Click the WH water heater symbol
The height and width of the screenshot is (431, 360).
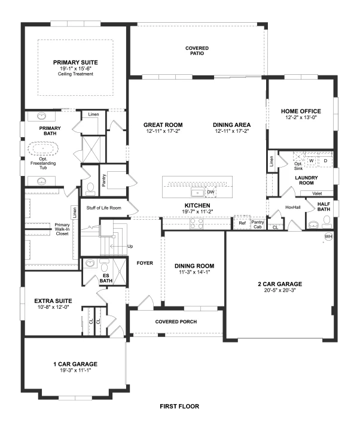[x=328, y=236]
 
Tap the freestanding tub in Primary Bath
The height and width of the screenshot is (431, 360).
[x=43, y=149]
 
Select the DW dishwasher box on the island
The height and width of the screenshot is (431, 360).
[x=210, y=192]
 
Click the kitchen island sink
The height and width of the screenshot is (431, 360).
[x=197, y=192]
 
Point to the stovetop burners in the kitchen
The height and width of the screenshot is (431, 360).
[x=197, y=223]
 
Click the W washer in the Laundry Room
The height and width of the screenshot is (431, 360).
[x=312, y=160]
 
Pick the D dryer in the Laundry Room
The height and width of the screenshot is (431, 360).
[x=325, y=160]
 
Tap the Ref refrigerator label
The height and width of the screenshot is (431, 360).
[x=242, y=223]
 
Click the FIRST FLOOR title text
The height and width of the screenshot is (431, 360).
[x=179, y=406]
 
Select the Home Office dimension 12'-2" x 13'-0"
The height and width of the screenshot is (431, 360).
[x=301, y=117]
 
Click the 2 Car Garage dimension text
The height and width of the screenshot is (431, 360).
[x=280, y=290]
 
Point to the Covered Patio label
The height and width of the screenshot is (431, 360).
[x=197, y=50]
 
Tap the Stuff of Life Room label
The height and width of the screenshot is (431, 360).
[x=103, y=208]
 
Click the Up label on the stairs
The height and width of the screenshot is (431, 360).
[x=130, y=246]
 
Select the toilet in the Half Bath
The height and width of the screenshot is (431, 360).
[x=327, y=222]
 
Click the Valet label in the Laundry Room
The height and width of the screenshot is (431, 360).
[x=317, y=193]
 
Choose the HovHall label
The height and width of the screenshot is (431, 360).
[x=292, y=207]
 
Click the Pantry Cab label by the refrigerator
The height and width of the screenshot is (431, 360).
[x=258, y=224]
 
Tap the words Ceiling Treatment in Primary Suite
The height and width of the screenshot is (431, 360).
[x=75, y=74]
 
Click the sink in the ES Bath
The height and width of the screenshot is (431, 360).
[x=90, y=263]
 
